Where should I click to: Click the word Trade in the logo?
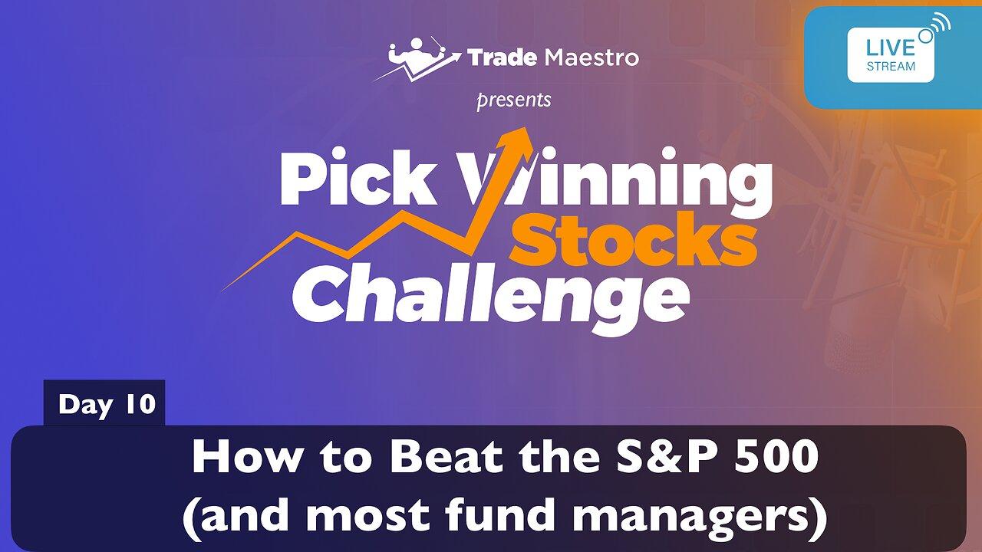tap(502, 58)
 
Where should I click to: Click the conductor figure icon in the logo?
tap(417, 59)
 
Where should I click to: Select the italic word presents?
tap(514, 100)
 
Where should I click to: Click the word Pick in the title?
tap(358, 177)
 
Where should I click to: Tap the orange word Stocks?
tap(634, 239)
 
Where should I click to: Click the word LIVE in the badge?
tap(891, 48)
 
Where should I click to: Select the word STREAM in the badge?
tap(891, 67)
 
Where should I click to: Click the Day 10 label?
tap(107, 404)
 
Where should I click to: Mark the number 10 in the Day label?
tap(140, 403)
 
